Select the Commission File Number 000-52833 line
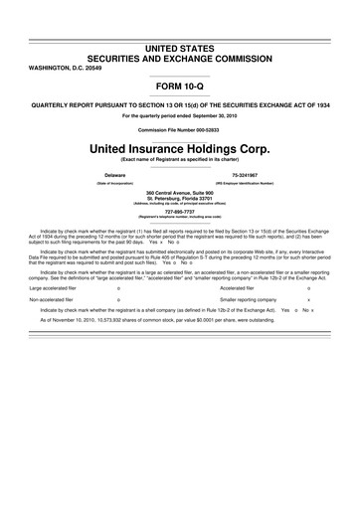[x=180, y=129]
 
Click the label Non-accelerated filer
[x=51, y=271]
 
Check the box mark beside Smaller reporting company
[x=310, y=271]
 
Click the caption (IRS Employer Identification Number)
[x=250, y=182]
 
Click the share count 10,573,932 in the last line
[x=113, y=293]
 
